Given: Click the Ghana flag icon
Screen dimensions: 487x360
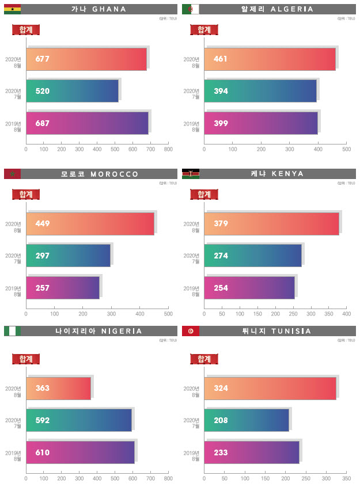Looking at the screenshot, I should tap(12, 9).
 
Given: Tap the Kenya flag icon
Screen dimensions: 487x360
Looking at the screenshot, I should tap(191, 174).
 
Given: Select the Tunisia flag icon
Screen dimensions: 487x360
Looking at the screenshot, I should tap(191, 331).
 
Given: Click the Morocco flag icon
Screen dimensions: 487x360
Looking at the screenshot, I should tap(12, 174).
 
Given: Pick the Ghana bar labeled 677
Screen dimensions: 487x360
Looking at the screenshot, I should tap(86, 59).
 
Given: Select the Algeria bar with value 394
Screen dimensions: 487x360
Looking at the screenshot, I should tap(260, 91).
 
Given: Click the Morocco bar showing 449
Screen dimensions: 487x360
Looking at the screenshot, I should tap(90, 223).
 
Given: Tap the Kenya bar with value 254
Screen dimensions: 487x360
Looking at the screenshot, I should tap(249, 288).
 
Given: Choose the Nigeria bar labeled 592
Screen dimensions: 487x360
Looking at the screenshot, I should tap(79, 420).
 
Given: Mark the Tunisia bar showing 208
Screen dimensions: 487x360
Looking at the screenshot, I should tap(246, 420).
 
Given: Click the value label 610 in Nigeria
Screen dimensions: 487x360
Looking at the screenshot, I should tap(43, 452).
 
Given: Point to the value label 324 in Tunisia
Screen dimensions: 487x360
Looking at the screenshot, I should tap(220, 389).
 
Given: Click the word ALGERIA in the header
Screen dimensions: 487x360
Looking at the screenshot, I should tap(292, 9).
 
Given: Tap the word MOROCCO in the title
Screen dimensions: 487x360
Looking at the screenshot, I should tap(115, 174).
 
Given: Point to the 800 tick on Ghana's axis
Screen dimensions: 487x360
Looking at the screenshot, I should tap(168, 150).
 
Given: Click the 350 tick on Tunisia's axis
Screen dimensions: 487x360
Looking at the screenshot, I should tap(347, 478).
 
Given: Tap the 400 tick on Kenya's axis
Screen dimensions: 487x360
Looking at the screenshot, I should tap(347, 314).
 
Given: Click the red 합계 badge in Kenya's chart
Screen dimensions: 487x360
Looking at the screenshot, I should tap(203, 194).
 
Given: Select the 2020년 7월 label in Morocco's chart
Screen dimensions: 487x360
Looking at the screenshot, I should tap(14, 256).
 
